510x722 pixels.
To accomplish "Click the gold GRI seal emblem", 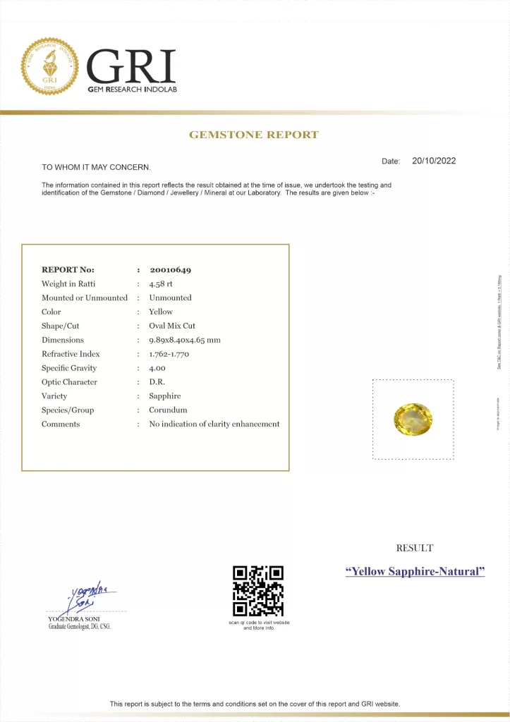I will pyautogui.click(x=50, y=67).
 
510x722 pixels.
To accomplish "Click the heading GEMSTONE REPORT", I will pyautogui.click(x=254, y=135).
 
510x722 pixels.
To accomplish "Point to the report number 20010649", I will pyautogui.click(x=170, y=269).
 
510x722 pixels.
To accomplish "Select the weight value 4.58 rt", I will pyautogui.click(x=161, y=283).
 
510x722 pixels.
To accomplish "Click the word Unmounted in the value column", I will pyautogui.click(x=170, y=298).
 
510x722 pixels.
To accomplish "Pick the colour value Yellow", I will pyautogui.click(x=161, y=312).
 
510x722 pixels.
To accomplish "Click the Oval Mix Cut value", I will pyautogui.click(x=172, y=326).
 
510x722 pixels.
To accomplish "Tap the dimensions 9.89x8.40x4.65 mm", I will pyautogui.click(x=185, y=340).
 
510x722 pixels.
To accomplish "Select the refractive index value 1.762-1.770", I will pyautogui.click(x=174, y=354).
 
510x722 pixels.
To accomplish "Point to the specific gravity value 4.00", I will pyautogui.click(x=157, y=368).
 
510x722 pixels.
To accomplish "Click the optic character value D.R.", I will pyautogui.click(x=157, y=382).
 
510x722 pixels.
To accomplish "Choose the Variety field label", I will pyautogui.click(x=54, y=396).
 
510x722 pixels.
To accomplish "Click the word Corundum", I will pyautogui.click(x=168, y=410).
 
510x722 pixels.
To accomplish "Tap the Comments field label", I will pyautogui.click(x=61, y=424).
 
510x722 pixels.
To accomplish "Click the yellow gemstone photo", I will pyautogui.click(x=413, y=420).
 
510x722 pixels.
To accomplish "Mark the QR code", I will pyautogui.click(x=258, y=590).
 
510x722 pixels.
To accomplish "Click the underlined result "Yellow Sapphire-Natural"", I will pyautogui.click(x=415, y=571).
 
